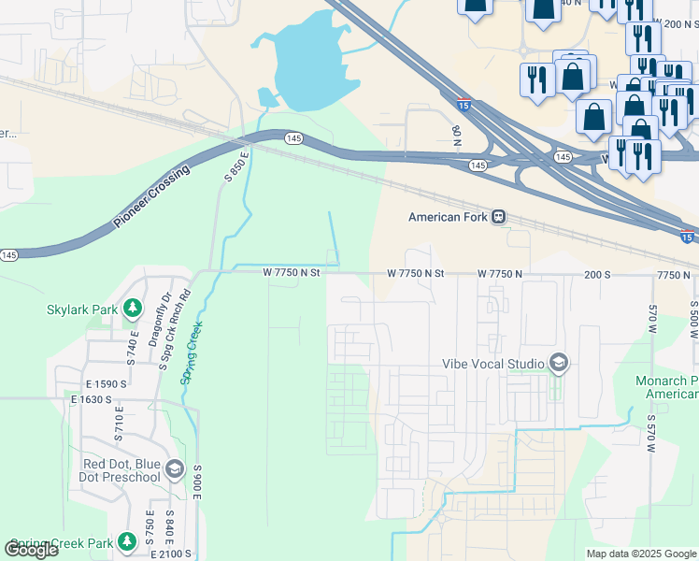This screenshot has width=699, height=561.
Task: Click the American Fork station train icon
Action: pos(500,217)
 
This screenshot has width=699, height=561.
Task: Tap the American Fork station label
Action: pos(449,217)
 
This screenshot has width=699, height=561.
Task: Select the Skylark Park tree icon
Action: pos(134,308)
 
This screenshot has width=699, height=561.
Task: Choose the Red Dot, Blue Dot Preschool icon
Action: pos(174,470)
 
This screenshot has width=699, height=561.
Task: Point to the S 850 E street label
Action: pos(236,166)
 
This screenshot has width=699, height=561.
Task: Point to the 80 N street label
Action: pos(457,137)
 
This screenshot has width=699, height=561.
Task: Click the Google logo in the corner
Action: pos(31,550)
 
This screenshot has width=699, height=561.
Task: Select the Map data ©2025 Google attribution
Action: pos(641,554)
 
